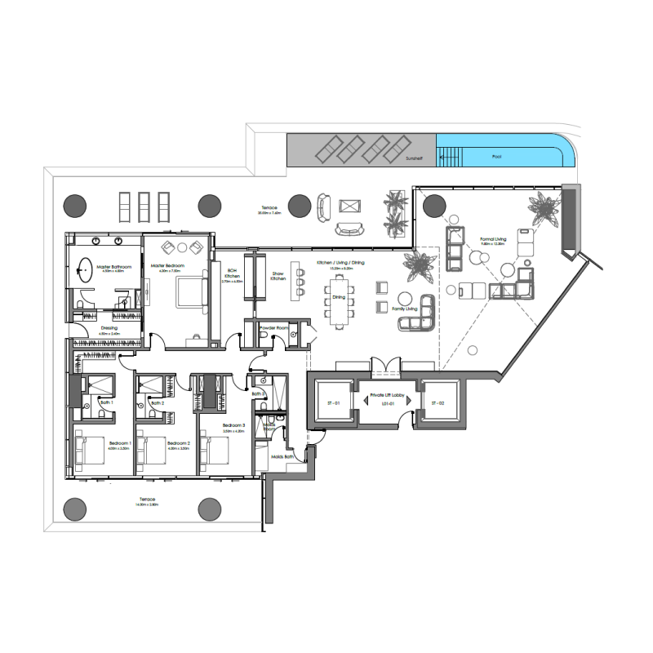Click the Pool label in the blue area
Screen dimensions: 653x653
[x=496, y=156]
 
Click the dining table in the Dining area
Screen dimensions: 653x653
[x=338, y=299]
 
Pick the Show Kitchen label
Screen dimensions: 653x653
[x=278, y=277]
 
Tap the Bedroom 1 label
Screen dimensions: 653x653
[x=109, y=444]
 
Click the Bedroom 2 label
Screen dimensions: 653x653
[x=178, y=444]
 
